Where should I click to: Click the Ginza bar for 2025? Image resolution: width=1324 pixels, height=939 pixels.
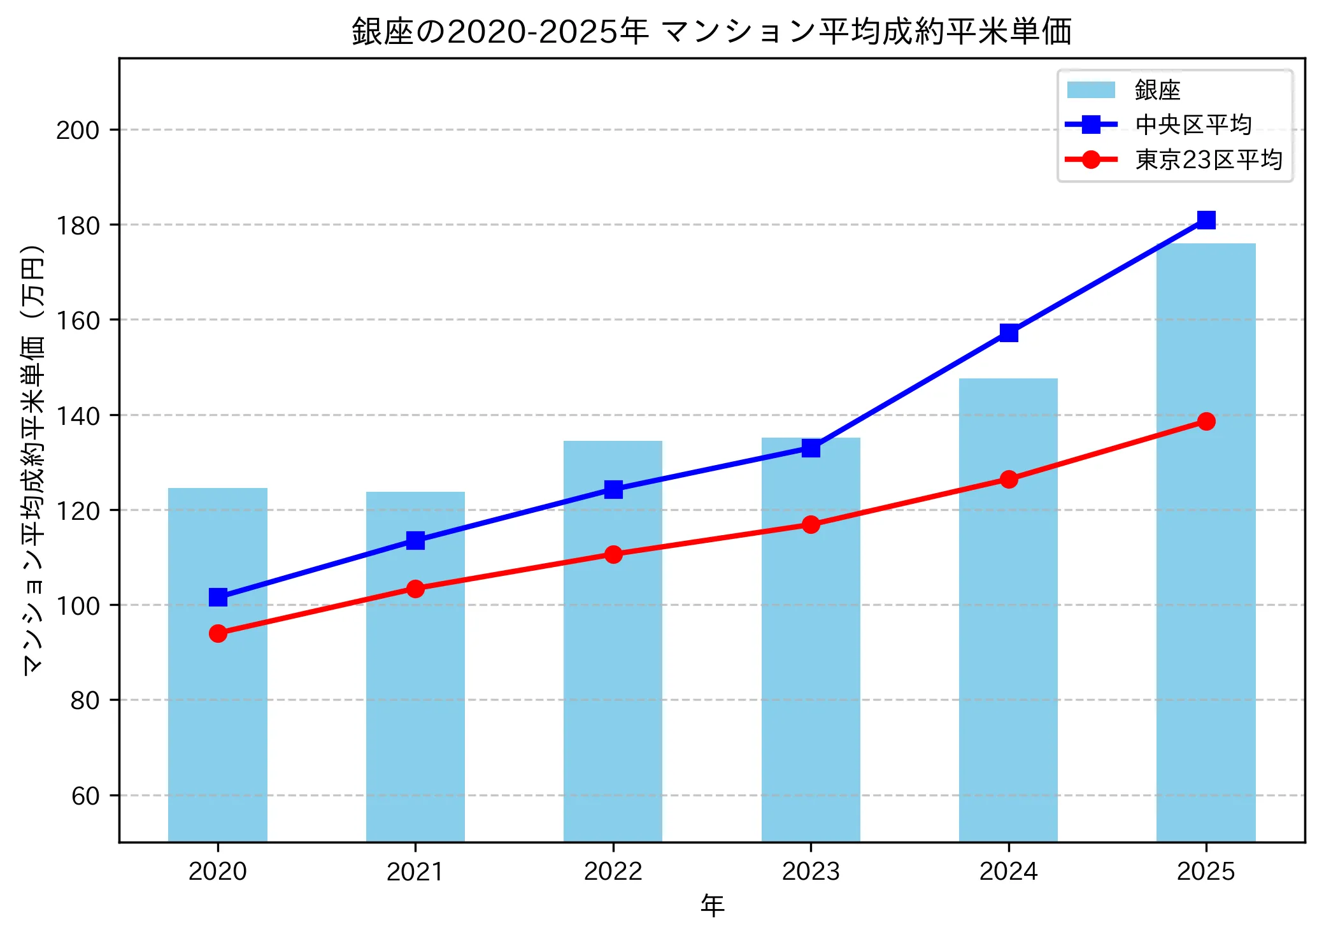point(1206,541)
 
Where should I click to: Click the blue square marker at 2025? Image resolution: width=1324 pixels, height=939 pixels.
point(1206,220)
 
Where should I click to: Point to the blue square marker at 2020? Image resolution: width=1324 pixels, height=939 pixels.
point(218,597)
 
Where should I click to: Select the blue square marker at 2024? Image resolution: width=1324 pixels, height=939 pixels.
point(1008,333)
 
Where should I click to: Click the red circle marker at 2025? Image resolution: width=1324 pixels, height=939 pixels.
point(1206,421)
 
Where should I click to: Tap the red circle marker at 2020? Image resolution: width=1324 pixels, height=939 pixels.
point(218,633)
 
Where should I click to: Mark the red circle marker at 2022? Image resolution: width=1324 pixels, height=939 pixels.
point(613,554)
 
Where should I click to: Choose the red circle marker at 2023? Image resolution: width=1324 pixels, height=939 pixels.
point(811,524)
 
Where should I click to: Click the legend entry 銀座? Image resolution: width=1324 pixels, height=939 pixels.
point(1157,90)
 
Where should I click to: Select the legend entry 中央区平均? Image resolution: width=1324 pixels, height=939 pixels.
point(1193,125)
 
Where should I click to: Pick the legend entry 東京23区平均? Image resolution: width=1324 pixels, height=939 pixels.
point(1207,159)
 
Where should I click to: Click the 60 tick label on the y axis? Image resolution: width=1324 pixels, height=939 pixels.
point(85,796)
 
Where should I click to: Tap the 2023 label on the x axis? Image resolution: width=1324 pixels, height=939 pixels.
point(811,871)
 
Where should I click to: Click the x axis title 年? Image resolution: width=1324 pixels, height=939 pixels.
point(712,905)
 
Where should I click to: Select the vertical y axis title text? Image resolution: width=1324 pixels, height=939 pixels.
point(33,459)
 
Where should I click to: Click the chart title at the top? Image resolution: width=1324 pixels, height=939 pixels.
point(712,31)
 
